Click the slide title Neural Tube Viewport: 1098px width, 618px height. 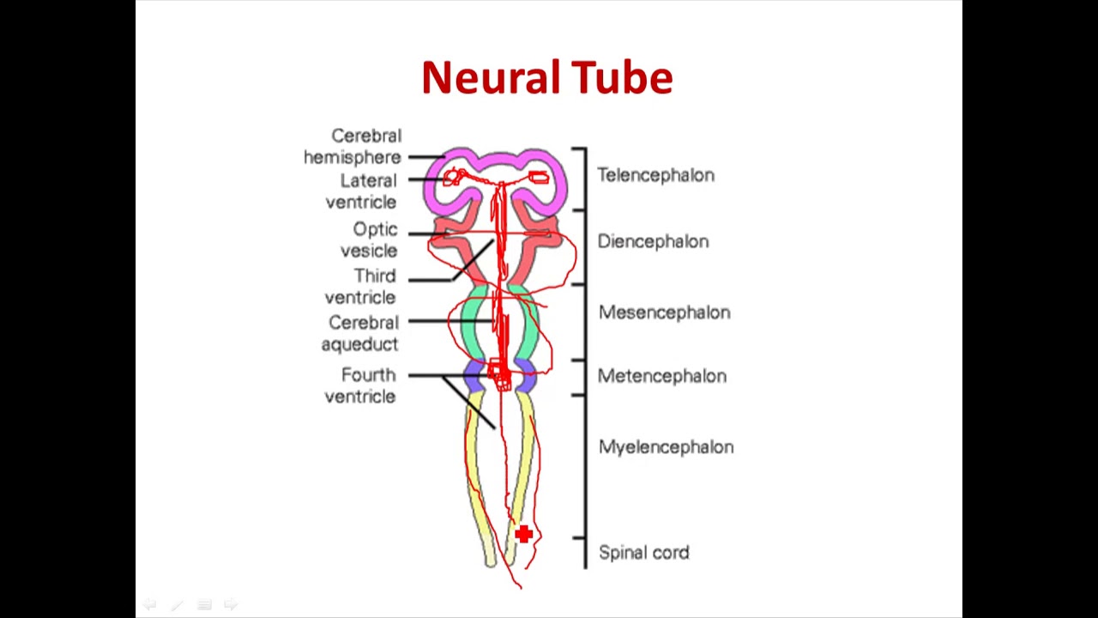pyautogui.click(x=546, y=77)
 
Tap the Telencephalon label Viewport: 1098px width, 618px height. pyautogui.click(x=655, y=175)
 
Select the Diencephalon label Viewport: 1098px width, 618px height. pyautogui.click(x=653, y=241)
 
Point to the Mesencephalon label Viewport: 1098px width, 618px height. pyautogui.click(x=664, y=312)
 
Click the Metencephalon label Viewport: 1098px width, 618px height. pyautogui.click(x=661, y=376)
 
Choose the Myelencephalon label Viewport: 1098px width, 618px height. pyautogui.click(x=666, y=447)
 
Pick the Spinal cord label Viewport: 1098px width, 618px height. pyautogui.click(x=643, y=553)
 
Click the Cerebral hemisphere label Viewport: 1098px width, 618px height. pyautogui.click(x=353, y=147)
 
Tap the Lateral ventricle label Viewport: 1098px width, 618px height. pyautogui.click(x=361, y=191)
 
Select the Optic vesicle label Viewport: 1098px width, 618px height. pyautogui.click(x=370, y=240)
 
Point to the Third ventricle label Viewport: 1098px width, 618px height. pyautogui.click(x=361, y=287)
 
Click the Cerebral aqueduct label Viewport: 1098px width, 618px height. pyautogui.click(x=361, y=333)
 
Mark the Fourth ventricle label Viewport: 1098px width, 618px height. pyautogui.click(x=361, y=385)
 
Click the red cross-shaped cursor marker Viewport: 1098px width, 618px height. pyautogui.click(x=523, y=535)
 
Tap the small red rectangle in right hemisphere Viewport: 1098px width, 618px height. pyautogui.click(x=538, y=178)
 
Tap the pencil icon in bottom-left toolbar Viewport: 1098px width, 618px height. pyautogui.click(x=177, y=605)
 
